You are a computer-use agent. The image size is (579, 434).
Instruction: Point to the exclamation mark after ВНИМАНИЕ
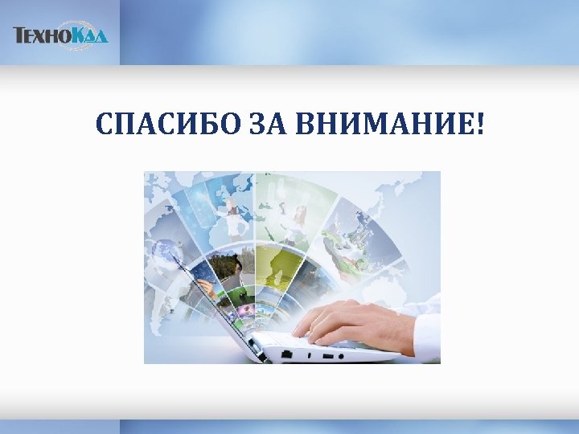coord(480,125)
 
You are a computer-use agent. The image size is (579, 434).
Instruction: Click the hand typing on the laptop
coord(346,321)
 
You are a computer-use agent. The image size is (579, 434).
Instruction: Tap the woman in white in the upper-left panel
coord(233,217)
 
